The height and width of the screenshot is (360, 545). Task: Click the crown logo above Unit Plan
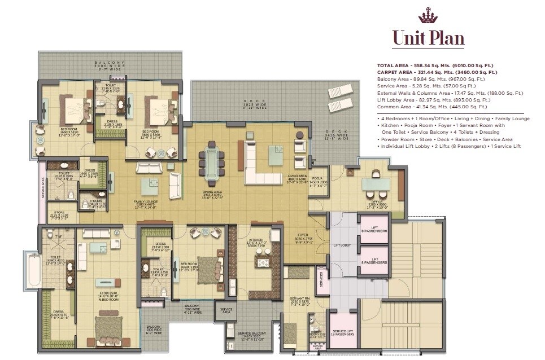428,15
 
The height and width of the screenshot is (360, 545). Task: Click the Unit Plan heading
428,38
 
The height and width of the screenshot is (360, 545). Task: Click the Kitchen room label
256,242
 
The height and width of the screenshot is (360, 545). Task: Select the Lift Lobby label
343,245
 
